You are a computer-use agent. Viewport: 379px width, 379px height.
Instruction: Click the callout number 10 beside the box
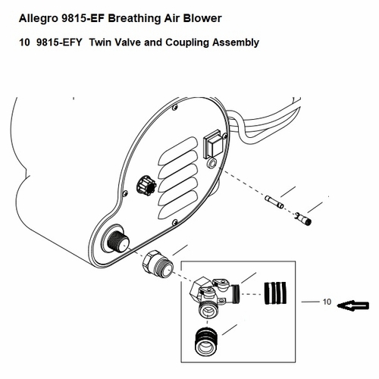click(x=327, y=302)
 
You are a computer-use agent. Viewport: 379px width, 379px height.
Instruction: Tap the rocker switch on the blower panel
click(x=215, y=140)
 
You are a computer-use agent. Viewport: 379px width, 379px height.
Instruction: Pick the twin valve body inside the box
click(x=213, y=295)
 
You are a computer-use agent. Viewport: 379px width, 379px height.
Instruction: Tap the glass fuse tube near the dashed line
click(x=274, y=203)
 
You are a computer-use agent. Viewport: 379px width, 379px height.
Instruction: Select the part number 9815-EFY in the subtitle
click(x=59, y=42)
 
